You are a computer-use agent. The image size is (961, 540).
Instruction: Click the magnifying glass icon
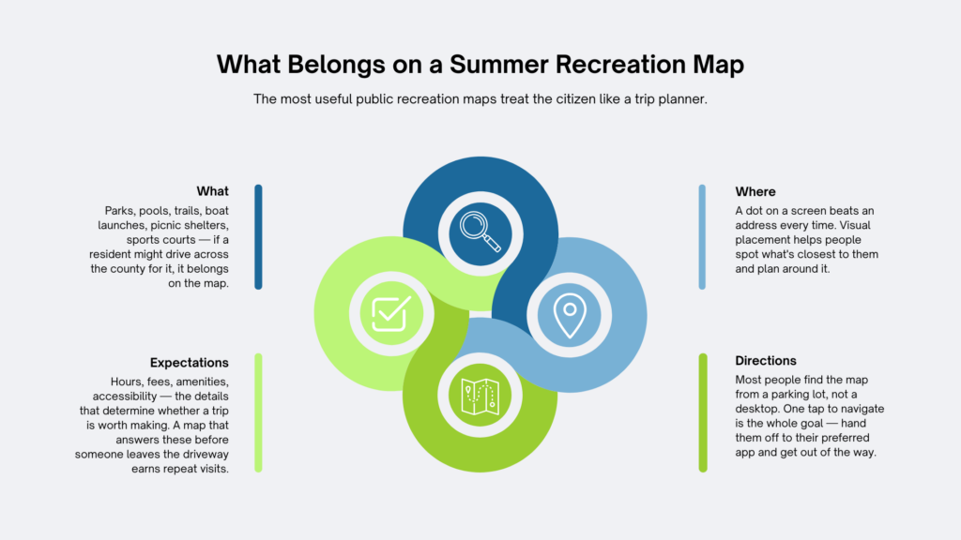click(x=480, y=232)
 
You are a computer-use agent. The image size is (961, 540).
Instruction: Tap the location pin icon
click(x=570, y=315)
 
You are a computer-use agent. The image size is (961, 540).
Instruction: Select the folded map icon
click(x=480, y=397)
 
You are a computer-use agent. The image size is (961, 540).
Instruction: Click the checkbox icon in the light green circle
click(x=391, y=313)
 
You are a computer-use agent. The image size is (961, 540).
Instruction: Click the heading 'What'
click(x=212, y=191)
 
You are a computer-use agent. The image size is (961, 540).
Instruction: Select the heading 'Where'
click(x=755, y=191)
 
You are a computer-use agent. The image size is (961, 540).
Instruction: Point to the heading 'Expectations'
click(x=189, y=363)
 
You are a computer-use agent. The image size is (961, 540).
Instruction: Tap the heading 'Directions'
click(x=766, y=361)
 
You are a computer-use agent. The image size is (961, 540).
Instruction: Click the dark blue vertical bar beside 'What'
click(x=259, y=237)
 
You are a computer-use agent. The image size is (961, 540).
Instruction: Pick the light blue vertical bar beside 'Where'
click(x=702, y=237)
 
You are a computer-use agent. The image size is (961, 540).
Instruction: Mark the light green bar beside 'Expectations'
click(x=259, y=412)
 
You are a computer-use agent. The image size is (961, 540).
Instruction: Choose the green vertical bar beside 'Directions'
click(x=702, y=412)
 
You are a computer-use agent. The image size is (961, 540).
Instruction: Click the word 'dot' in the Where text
click(x=755, y=211)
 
